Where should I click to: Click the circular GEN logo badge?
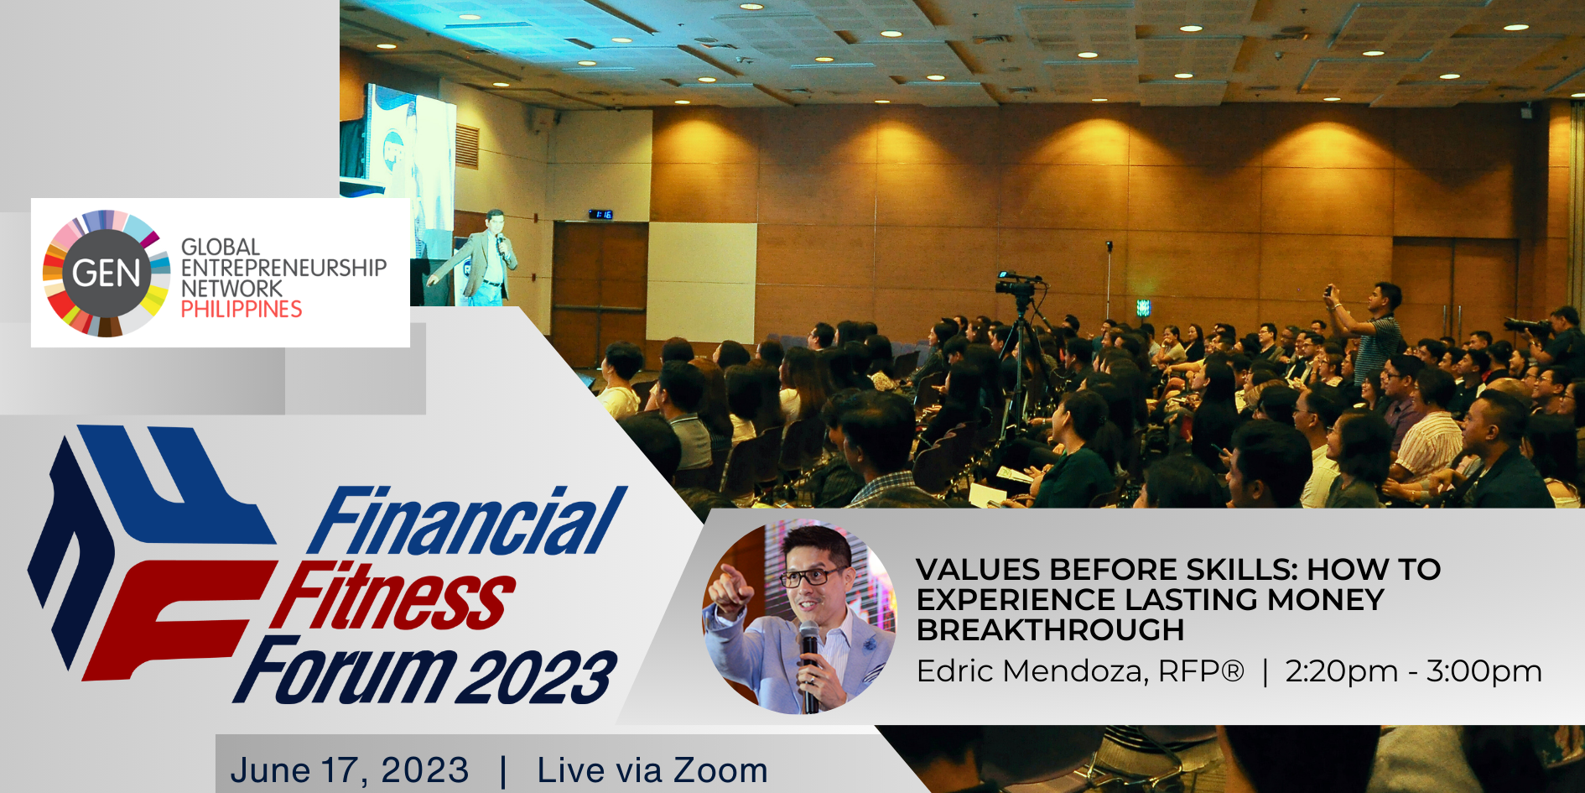point(107,274)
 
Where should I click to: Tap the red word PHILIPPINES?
point(242,310)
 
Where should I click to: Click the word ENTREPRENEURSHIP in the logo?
point(284,268)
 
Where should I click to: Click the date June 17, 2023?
point(349,770)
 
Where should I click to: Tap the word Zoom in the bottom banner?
point(720,770)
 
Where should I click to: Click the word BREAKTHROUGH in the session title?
point(1050,629)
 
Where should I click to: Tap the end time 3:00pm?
point(1484,671)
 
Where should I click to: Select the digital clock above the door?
point(600,215)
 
